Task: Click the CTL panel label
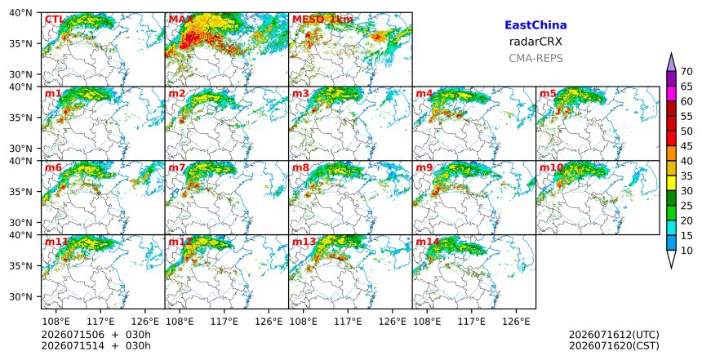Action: pos(54,20)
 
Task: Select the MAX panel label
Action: pos(181,20)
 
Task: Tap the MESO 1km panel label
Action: pos(322,20)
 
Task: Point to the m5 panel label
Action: pos(548,94)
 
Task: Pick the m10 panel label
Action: pos(551,167)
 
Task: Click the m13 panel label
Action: pos(304,242)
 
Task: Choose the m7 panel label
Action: pos(176,167)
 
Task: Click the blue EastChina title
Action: pos(535,25)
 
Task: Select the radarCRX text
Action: pos(535,42)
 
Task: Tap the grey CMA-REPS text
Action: pos(535,58)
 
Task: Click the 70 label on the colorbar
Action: pos(686,72)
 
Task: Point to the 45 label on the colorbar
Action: pos(686,146)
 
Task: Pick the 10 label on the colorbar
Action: pos(686,251)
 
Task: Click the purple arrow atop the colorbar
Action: pos(671,63)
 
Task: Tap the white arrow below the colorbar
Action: pos(671,259)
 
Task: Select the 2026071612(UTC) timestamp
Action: pos(614,335)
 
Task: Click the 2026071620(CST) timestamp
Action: pos(614,345)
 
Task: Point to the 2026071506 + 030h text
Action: pos(96,335)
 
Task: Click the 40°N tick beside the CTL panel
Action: pos(21,12)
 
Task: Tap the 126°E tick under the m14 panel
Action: pos(516,322)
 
